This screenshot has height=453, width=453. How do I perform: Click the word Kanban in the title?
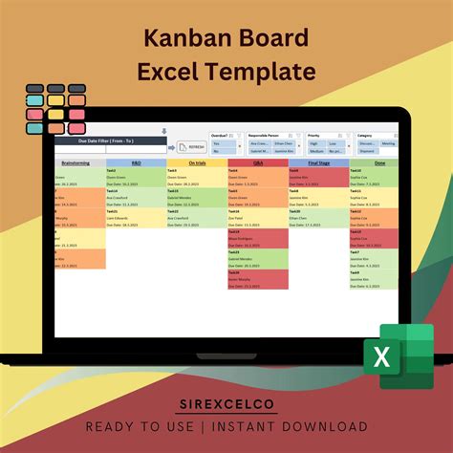coord(181,39)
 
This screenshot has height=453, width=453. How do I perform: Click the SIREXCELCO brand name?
coord(226,405)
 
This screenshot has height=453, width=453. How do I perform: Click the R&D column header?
coord(136,162)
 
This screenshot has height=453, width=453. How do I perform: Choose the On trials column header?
coord(197,162)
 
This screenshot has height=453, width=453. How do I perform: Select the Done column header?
coord(379,162)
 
